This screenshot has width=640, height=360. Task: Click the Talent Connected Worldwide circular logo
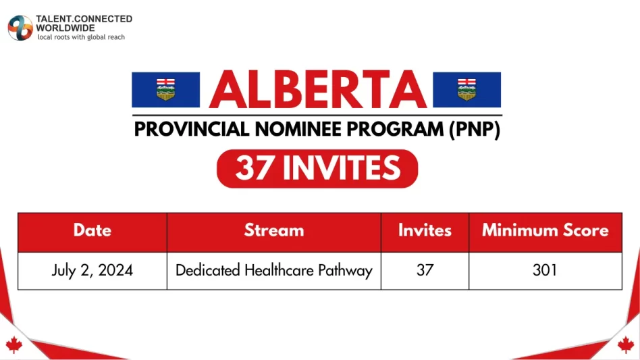[20, 28]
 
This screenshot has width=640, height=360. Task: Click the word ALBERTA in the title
[317, 89]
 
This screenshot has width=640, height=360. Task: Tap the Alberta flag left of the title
[165, 90]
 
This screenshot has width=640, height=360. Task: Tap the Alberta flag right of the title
[466, 90]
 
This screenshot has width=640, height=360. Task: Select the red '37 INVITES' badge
[317, 168]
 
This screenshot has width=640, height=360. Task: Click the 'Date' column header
[92, 230]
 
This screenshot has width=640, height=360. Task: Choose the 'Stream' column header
[273, 230]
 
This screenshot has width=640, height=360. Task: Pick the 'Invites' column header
[425, 230]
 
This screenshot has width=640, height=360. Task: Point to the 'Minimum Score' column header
[545, 230]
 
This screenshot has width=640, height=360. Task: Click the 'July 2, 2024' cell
[92, 271]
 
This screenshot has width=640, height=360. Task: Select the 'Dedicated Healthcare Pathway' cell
[273, 271]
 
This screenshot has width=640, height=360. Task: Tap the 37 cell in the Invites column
[425, 271]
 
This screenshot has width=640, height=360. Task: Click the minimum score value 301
[545, 271]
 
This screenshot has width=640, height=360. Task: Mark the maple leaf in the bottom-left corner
[14, 345]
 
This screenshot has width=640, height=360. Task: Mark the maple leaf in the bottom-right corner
[626, 345]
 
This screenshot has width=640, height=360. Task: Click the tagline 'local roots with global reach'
[81, 37]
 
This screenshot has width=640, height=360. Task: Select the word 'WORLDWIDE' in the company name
[65, 28]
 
